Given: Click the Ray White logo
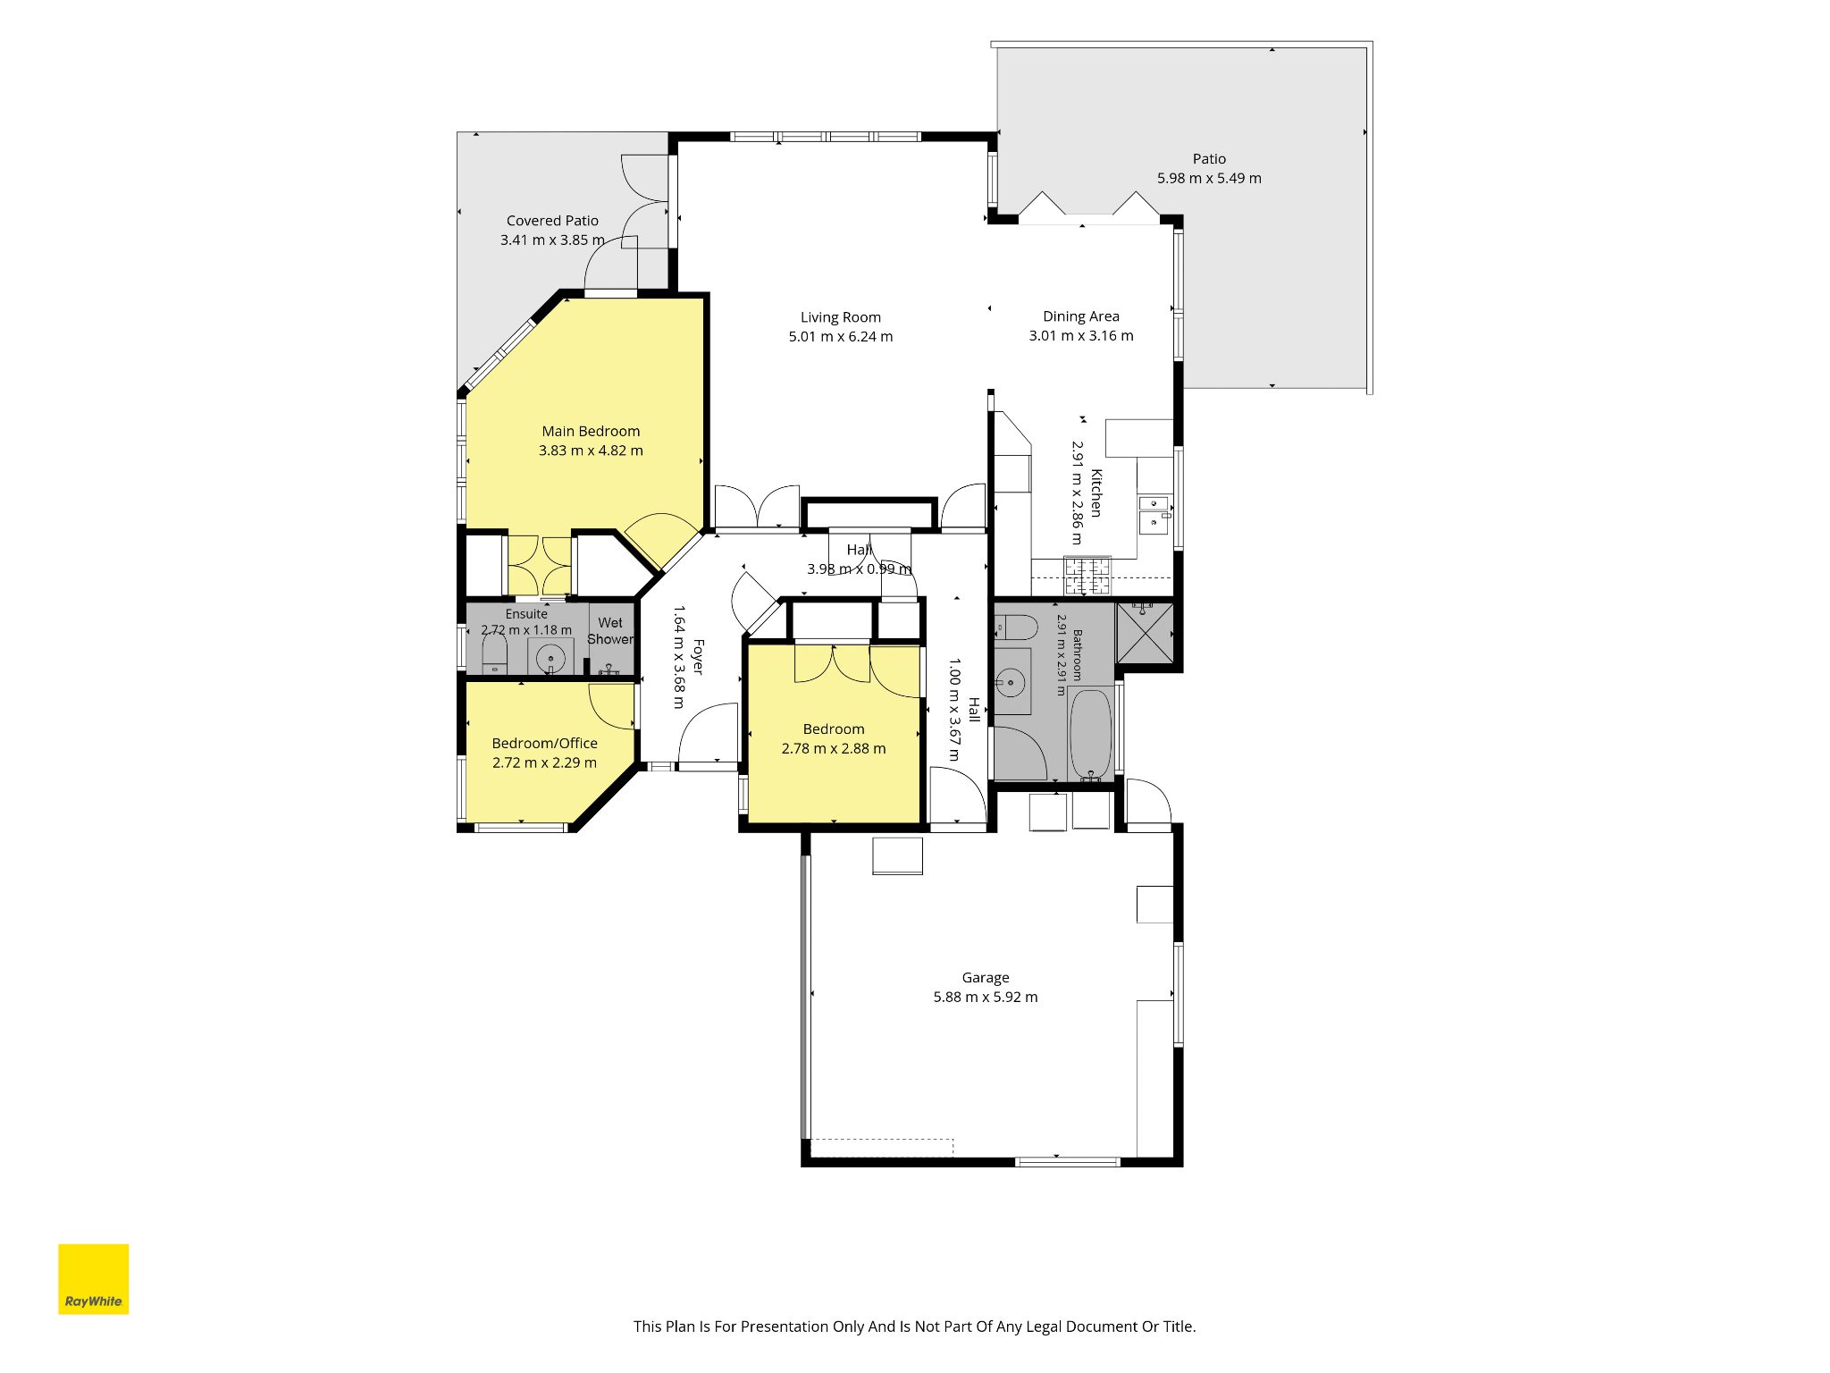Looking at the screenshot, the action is click(x=93, y=1279).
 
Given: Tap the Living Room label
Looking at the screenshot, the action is click(x=840, y=317).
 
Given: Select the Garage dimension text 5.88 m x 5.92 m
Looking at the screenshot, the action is click(x=986, y=997).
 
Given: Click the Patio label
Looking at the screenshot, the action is click(x=1209, y=159).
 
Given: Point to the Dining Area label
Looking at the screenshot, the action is click(x=1080, y=316).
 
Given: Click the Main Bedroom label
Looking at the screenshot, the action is click(x=591, y=432).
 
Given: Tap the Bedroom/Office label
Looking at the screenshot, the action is click(x=544, y=744).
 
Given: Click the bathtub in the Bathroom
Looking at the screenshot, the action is click(x=1090, y=734).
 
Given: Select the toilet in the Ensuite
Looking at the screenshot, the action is click(x=494, y=654).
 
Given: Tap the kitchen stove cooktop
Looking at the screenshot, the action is click(x=1087, y=577).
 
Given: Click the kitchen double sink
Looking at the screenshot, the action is click(x=1153, y=515).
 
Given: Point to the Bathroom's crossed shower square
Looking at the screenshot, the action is click(x=1145, y=633).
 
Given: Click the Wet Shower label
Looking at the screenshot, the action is click(x=610, y=631).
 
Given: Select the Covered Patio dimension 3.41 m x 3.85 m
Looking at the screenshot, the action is click(x=552, y=240).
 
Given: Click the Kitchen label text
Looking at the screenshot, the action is click(x=1096, y=493).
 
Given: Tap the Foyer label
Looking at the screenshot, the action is click(x=698, y=657).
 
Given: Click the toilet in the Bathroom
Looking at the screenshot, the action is click(x=1015, y=628).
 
